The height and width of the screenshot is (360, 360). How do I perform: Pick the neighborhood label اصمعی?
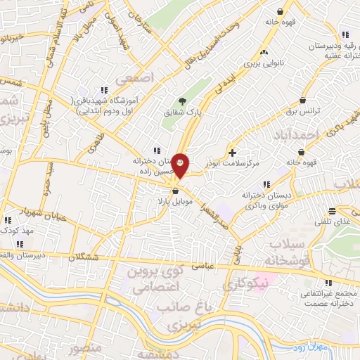tap(137, 77)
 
